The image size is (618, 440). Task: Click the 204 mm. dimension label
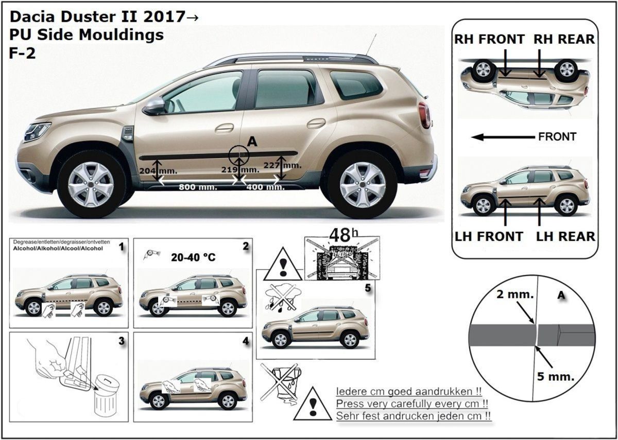pyautogui.click(x=158, y=171)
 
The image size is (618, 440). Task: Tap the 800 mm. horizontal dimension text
pyautogui.click(x=198, y=187)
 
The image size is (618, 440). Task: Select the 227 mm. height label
pyautogui.click(x=282, y=165)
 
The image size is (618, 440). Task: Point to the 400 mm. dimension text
pyautogui.click(x=265, y=187)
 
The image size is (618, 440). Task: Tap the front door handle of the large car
pyautogui.click(x=225, y=128)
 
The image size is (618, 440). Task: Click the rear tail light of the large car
pyautogui.click(x=424, y=115)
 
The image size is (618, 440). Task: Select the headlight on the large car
pyautogui.click(x=37, y=131)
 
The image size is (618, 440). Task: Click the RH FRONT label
pyautogui.click(x=489, y=39)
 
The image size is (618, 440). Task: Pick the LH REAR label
pyautogui.click(x=565, y=236)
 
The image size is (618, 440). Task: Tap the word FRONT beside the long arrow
pyautogui.click(x=557, y=136)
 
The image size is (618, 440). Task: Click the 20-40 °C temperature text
pyautogui.click(x=193, y=257)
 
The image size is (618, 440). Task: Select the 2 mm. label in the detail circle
pyautogui.click(x=515, y=294)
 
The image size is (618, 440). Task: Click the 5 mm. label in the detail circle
pyautogui.click(x=555, y=376)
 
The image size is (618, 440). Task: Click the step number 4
pyautogui.click(x=245, y=341)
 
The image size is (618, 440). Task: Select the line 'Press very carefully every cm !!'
pyautogui.click(x=412, y=404)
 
